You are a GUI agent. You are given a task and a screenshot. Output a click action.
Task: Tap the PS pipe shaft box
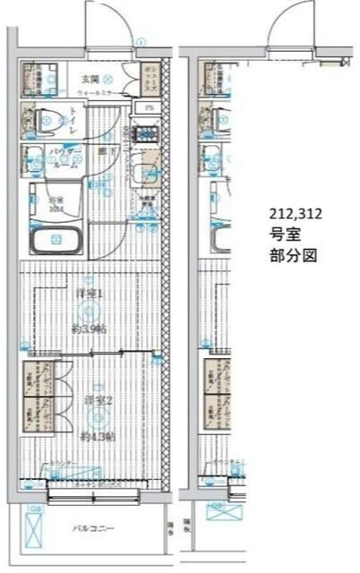point(149,108)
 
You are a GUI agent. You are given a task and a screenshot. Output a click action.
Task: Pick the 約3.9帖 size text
point(89,329)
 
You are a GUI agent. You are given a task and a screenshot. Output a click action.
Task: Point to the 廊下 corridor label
point(106,152)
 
